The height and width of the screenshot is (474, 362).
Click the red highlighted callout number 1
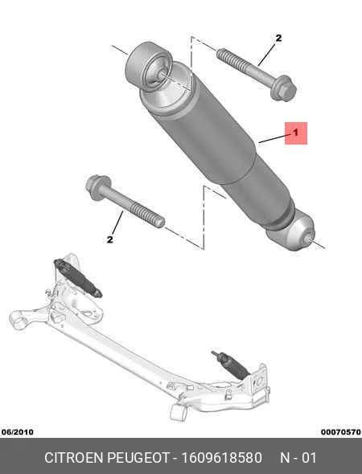(296, 133)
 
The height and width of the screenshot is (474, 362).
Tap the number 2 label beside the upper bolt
(278, 38)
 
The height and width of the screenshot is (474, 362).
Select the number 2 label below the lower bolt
(110, 239)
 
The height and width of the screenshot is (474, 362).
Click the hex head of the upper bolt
(283, 88)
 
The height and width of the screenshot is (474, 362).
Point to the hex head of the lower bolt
(98, 187)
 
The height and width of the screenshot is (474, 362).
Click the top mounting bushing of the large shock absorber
(148, 67)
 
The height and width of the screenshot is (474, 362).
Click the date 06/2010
(18, 432)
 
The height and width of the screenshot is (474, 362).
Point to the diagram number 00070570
(341, 432)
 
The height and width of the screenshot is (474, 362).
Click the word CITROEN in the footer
(73, 458)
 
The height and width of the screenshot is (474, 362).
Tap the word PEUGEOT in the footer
(138, 458)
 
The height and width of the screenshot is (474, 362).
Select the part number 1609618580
(221, 458)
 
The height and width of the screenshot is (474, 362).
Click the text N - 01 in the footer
(298, 458)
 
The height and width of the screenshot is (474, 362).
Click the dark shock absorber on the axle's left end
(77, 278)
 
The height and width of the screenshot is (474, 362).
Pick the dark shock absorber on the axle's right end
(231, 366)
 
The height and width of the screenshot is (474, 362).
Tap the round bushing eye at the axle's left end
(19, 320)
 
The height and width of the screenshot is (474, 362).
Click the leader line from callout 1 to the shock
(272, 139)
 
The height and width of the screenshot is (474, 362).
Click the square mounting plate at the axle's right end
(259, 383)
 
